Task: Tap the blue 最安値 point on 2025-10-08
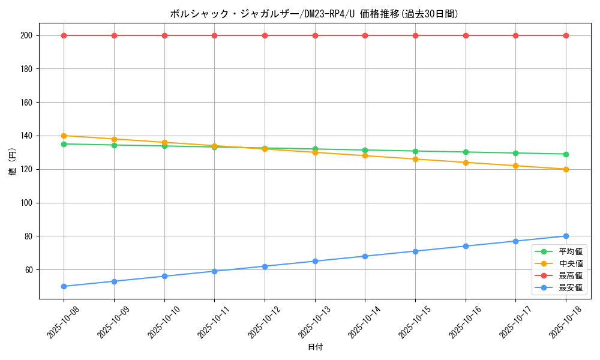click(64, 286)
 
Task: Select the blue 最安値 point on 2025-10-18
click(566, 236)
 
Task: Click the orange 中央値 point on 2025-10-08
click(64, 136)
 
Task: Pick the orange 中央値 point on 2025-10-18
click(566, 169)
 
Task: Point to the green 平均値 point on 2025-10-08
click(64, 144)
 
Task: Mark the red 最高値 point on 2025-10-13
click(315, 35)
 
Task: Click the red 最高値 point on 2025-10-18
click(566, 35)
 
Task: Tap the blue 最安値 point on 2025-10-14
click(365, 256)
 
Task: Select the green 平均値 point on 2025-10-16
click(466, 152)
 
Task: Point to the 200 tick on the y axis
click(27, 35)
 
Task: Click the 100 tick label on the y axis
click(27, 203)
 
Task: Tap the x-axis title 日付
click(315, 347)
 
